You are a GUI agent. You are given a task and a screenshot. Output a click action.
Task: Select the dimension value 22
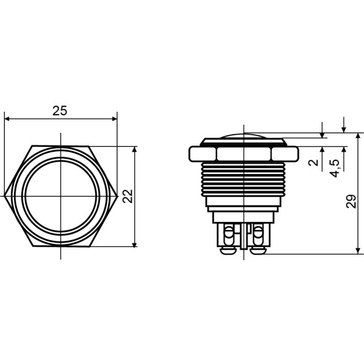[127, 196]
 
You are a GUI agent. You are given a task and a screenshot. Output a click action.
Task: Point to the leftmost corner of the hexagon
[4, 196]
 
